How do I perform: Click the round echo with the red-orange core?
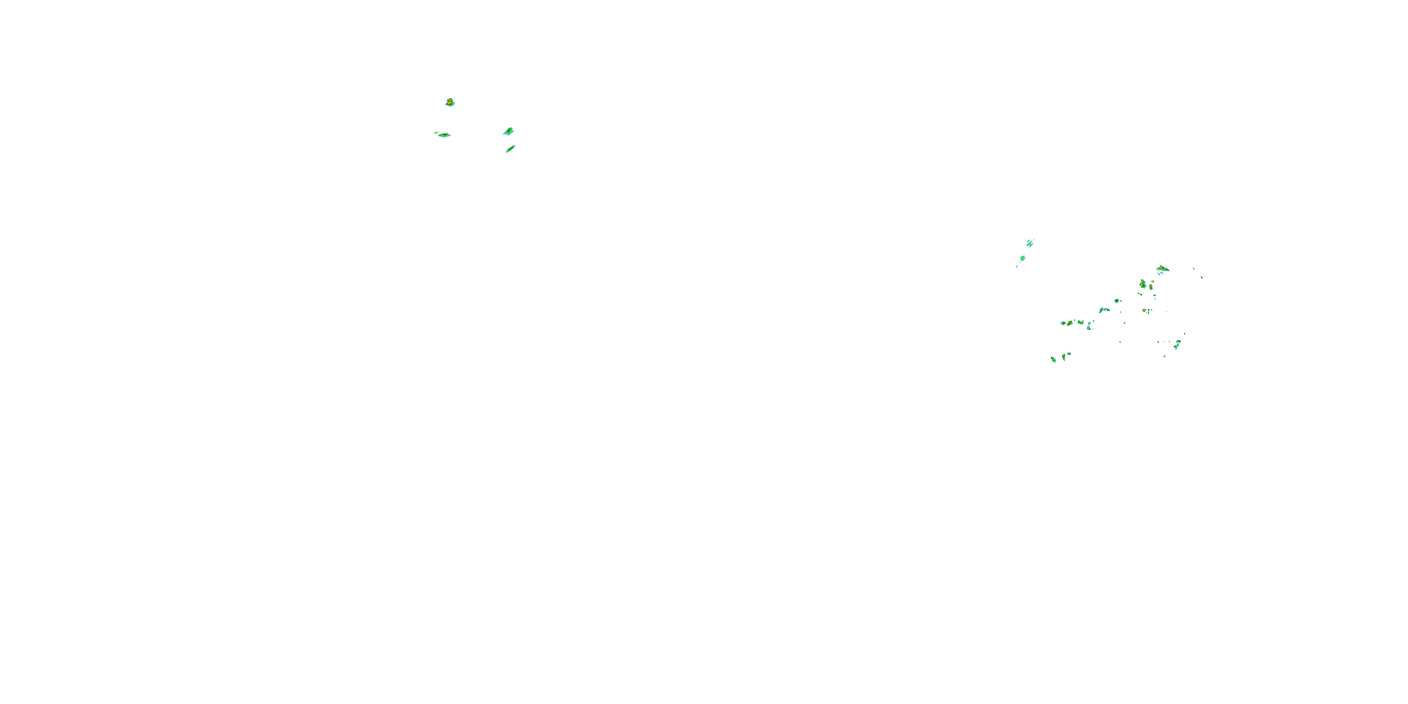[450, 102]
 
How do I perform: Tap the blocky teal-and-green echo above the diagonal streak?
[508, 131]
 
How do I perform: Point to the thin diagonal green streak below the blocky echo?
[511, 149]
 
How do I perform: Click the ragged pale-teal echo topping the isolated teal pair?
[1030, 243]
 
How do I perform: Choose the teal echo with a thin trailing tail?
[1022, 259]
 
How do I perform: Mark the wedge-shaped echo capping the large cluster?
[1163, 268]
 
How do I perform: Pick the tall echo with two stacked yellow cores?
[1142, 284]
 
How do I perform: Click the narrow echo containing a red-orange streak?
[1151, 286]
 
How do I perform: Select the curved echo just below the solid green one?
[1104, 310]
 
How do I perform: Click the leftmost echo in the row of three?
[1063, 323]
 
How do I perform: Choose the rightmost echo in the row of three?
[1080, 322]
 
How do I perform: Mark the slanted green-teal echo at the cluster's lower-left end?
[1053, 359]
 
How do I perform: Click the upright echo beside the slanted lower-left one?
[1064, 357]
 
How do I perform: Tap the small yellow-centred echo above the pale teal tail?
[1178, 342]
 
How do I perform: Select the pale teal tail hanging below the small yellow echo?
[1176, 347]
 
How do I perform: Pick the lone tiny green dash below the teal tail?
[1164, 356]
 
